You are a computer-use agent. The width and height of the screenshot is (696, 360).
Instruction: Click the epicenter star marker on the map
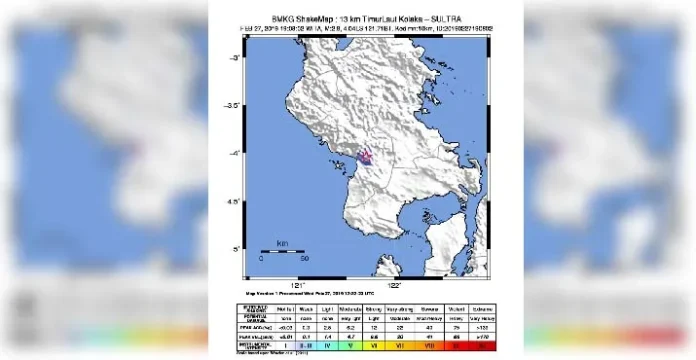click(366, 155)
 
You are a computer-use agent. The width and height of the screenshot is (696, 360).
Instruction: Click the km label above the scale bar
click(282, 243)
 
